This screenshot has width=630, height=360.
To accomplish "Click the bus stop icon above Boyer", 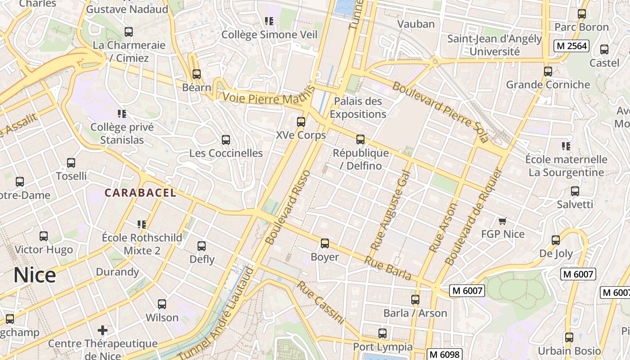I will click(x=325, y=243).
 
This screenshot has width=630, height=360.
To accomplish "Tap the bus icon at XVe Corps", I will click(x=301, y=121).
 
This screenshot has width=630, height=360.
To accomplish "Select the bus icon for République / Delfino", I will click(x=360, y=139).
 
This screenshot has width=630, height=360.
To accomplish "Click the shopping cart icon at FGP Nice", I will click(x=503, y=221).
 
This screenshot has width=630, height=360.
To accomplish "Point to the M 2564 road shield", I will click(x=571, y=46).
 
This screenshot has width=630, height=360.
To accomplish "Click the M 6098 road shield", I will click(x=444, y=354).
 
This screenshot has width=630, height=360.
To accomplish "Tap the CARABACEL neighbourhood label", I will click(x=140, y=193).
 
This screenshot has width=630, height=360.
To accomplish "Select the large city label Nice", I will click(x=35, y=274).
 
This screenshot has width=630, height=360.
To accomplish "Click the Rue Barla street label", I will click(x=388, y=268).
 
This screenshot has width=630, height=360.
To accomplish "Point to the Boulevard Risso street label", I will click(x=288, y=207).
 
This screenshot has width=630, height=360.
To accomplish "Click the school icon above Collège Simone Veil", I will click(x=269, y=21).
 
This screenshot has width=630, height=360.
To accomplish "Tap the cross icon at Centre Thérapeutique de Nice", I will click(x=103, y=330).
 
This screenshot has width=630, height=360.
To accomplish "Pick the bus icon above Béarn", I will click(x=196, y=74).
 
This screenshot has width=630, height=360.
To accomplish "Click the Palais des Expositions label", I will click(x=358, y=108).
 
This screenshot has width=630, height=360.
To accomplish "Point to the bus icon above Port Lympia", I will click(x=382, y=333).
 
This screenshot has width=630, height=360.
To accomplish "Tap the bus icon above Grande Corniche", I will click(x=548, y=72).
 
